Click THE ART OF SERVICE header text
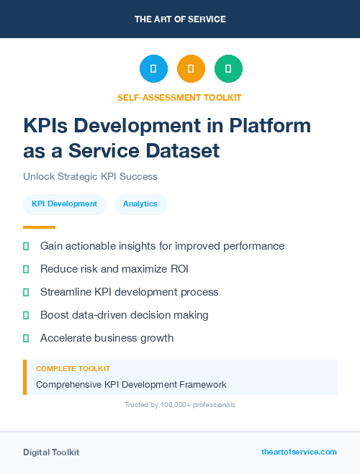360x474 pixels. click(180, 19)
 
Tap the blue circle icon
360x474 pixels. click(153, 69)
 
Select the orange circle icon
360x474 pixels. click(191, 69)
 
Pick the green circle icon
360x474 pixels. click(228, 69)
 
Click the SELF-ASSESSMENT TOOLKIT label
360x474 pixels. click(179, 97)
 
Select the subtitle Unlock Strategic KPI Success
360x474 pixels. click(90, 176)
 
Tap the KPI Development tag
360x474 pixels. click(64, 204)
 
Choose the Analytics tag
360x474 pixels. click(140, 204)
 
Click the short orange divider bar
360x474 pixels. click(39, 227)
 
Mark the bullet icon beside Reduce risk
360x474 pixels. click(27, 269)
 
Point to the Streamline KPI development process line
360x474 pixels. click(129, 292)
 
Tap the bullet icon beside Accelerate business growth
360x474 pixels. click(27, 338)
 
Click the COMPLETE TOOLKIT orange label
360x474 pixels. click(73, 369)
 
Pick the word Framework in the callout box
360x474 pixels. click(202, 384)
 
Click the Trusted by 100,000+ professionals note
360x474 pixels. click(180, 405)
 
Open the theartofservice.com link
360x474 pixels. click(299, 452)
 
